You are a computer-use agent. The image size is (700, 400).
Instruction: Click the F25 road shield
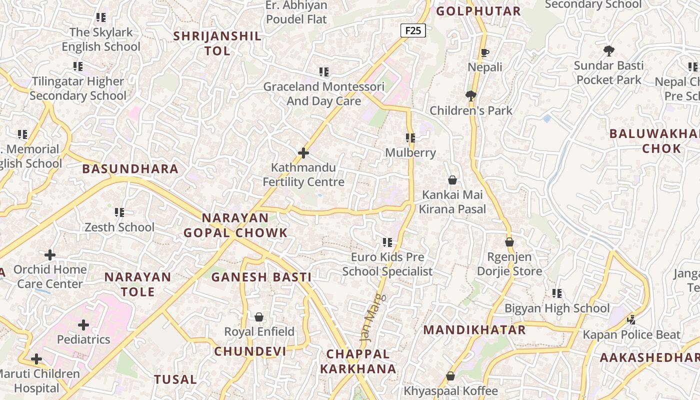[x=413, y=30]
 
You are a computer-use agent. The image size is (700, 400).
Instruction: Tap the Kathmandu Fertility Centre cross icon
[x=303, y=153]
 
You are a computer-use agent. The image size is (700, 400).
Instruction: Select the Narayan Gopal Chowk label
[x=235, y=225]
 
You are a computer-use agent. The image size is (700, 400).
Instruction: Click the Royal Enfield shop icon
[x=259, y=317]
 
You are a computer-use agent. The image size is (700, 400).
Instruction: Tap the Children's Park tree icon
[x=470, y=96]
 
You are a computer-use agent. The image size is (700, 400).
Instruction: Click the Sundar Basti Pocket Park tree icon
[x=608, y=50]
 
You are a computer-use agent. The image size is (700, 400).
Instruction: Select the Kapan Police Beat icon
[x=631, y=319]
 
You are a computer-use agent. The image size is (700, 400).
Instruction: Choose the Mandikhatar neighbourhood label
[x=474, y=330]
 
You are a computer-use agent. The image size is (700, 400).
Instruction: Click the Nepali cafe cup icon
[x=484, y=52]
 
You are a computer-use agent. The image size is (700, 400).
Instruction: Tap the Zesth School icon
[x=119, y=212]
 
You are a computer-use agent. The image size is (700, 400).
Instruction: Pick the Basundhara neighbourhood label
[x=130, y=169]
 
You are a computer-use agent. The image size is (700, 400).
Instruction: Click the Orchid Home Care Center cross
[x=49, y=255]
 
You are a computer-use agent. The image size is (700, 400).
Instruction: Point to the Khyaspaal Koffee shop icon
[x=450, y=376]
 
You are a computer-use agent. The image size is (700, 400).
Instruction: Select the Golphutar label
[x=478, y=11]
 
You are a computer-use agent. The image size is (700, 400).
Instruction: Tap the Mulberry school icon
[x=410, y=138]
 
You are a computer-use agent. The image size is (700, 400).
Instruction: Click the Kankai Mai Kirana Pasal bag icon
[x=452, y=180]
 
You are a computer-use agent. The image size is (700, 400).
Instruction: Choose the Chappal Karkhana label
[x=358, y=361]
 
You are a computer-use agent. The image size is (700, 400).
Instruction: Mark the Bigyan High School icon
[x=556, y=293]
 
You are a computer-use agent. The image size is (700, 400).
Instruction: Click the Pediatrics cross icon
[x=83, y=325]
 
